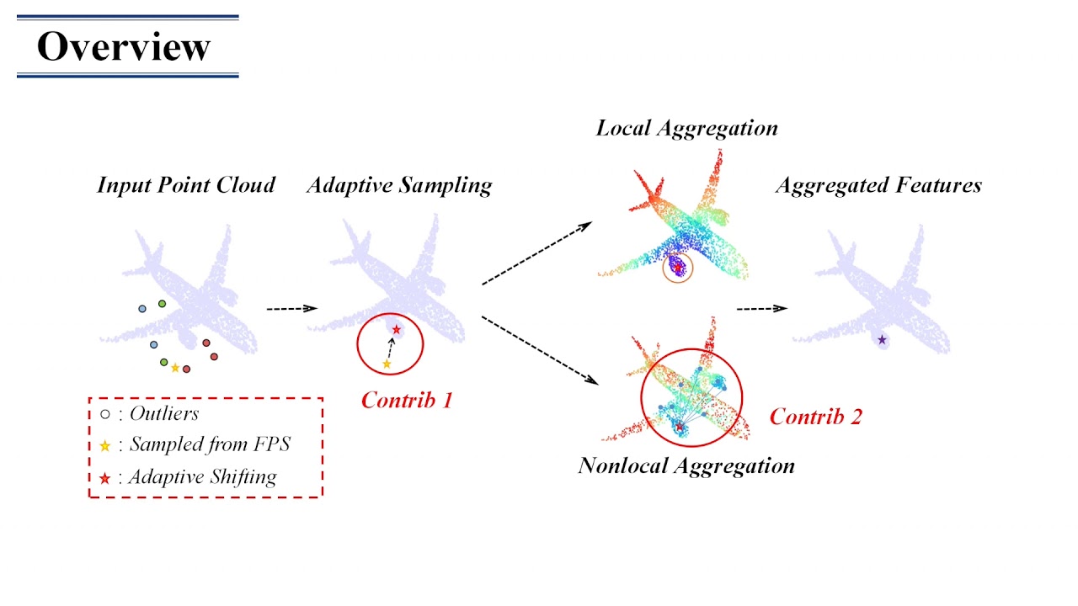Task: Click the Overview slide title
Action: click(x=124, y=46)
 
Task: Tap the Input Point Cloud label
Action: click(x=186, y=185)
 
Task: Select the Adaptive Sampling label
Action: click(x=399, y=185)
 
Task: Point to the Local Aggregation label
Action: click(x=686, y=128)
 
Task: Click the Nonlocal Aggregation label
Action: click(x=686, y=465)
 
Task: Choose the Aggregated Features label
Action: click(x=878, y=185)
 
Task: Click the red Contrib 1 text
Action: click(x=407, y=401)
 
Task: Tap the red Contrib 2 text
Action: click(x=815, y=416)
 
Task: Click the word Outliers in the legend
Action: click(x=164, y=413)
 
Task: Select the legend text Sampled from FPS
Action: click(x=209, y=445)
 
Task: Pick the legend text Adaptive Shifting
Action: click(x=202, y=477)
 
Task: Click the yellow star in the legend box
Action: click(x=105, y=446)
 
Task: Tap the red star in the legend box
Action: click(x=105, y=478)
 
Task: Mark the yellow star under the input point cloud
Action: click(x=175, y=368)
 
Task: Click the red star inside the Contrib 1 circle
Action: click(x=397, y=329)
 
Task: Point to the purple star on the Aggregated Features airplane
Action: click(x=882, y=340)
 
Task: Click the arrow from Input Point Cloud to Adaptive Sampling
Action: click(x=291, y=309)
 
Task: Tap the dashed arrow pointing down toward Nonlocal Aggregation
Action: click(x=539, y=350)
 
